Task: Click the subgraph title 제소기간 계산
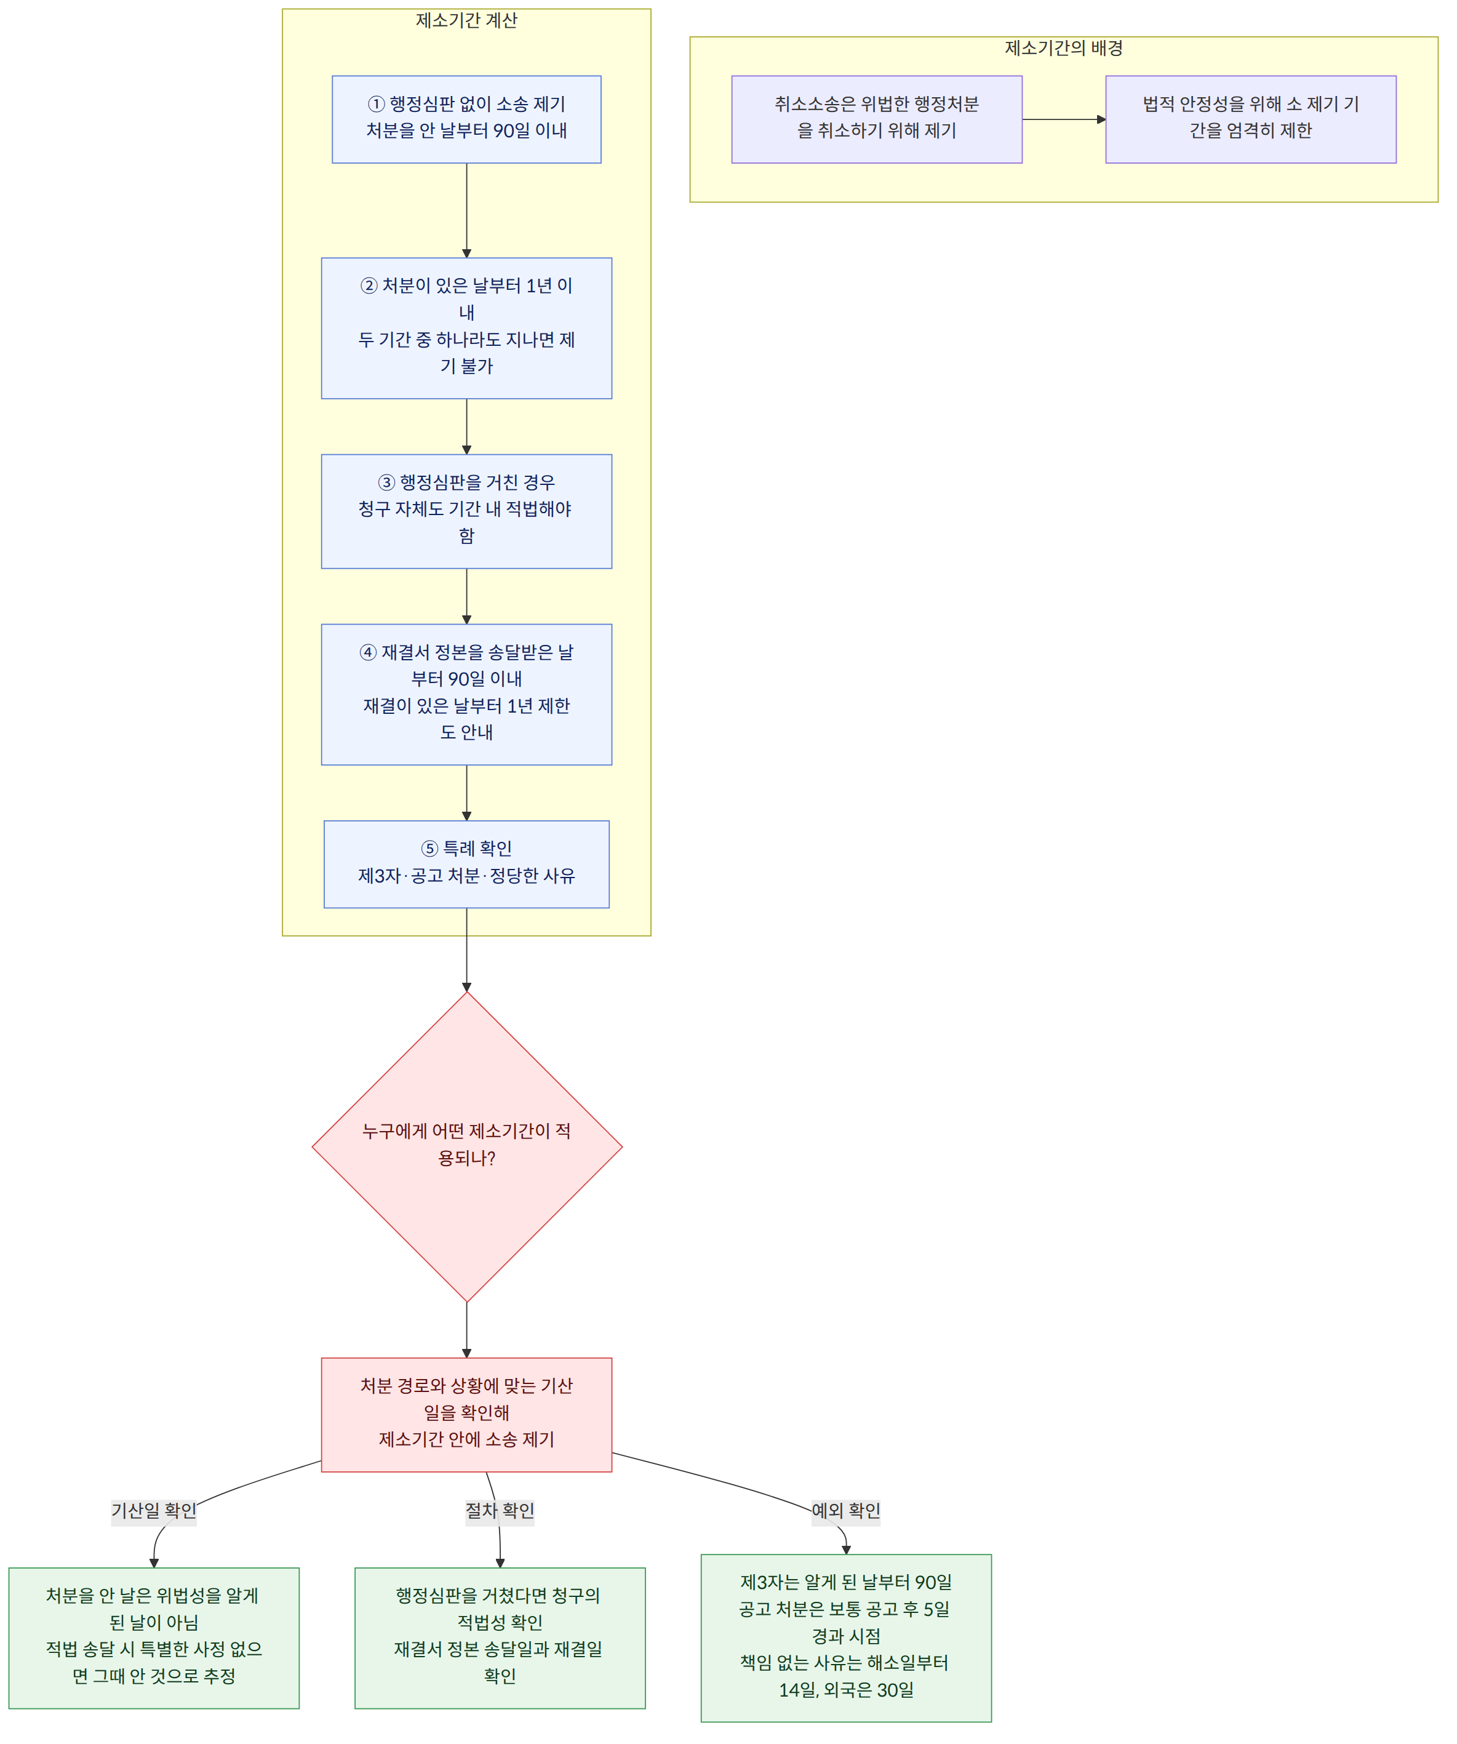pyautogui.click(x=466, y=20)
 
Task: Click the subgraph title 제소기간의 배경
pyautogui.click(x=1063, y=48)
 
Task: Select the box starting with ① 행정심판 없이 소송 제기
pyautogui.click(x=466, y=119)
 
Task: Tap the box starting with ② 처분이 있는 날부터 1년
pyautogui.click(x=466, y=328)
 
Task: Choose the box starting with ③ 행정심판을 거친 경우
pyautogui.click(x=466, y=511)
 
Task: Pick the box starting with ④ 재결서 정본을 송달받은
pyautogui.click(x=466, y=694)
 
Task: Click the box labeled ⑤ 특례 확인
pyautogui.click(x=466, y=865)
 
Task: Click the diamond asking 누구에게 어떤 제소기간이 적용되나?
pyautogui.click(x=466, y=1147)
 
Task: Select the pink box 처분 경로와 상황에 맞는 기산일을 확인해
pyautogui.click(x=466, y=1415)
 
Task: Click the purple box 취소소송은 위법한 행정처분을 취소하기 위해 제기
pyautogui.click(x=877, y=119)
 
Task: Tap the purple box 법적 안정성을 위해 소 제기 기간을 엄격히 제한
pyautogui.click(x=1251, y=119)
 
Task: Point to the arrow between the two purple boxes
pyautogui.click(x=1063, y=119)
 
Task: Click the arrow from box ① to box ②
pyautogui.click(x=466, y=210)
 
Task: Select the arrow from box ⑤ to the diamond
pyautogui.click(x=466, y=950)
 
